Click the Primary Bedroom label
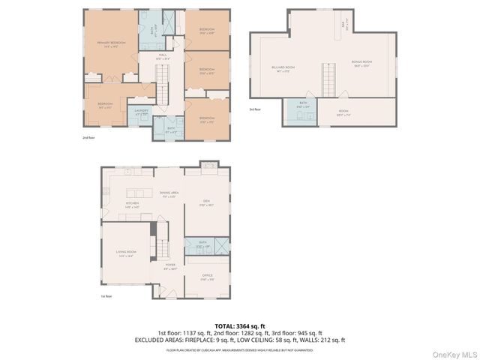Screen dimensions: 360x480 [109, 44]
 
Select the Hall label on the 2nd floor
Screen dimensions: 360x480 [162, 56]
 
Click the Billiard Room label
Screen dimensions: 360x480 [283, 68]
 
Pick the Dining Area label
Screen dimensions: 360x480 [167, 194]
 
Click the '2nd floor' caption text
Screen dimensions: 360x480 [88, 138]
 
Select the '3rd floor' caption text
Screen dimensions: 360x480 [256, 109]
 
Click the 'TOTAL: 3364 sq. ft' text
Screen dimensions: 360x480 [239, 325]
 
